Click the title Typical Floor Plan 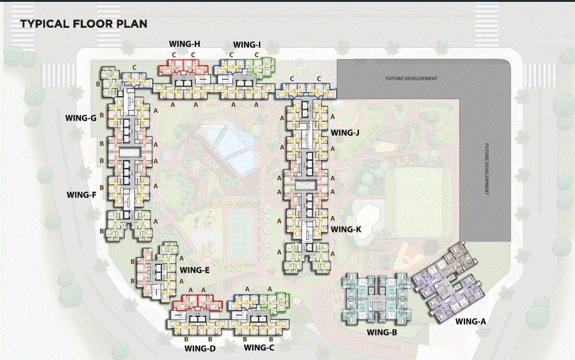click(x=83, y=24)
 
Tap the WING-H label click(x=185, y=44)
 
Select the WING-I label click(x=246, y=45)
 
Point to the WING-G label click(x=80, y=117)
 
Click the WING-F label click(x=81, y=195)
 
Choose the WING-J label click(x=345, y=133)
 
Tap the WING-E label click(x=195, y=270)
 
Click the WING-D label click(x=200, y=348)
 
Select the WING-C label click(x=259, y=347)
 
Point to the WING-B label click(x=381, y=332)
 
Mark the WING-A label click(x=471, y=321)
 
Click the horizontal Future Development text click(x=411, y=79)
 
